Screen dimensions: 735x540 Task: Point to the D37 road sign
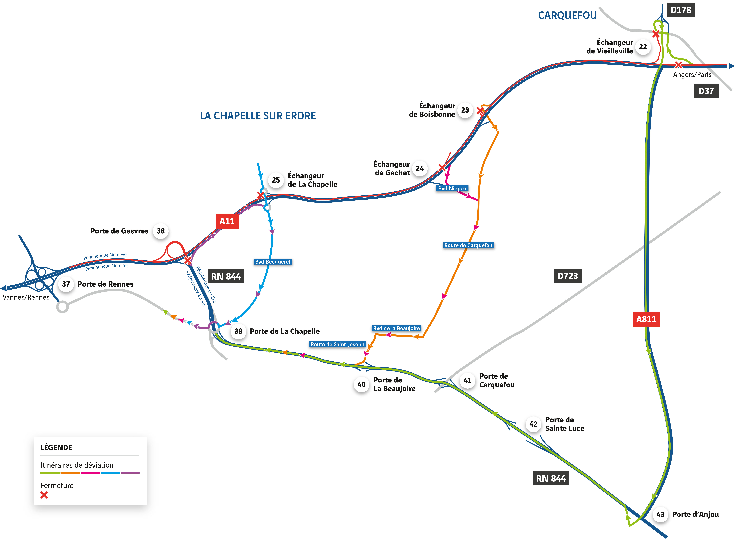pos(706,91)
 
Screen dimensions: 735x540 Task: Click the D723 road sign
pos(567,276)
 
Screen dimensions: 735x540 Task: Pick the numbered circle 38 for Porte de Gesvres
pos(161,231)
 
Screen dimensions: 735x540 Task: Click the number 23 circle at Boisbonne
pos(465,110)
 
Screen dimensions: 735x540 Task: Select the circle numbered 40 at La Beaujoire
pos(361,384)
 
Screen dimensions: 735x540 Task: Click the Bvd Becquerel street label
pos(273,261)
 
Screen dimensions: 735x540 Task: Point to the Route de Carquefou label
pos(468,245)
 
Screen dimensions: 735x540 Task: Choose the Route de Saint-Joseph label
pos(337,344)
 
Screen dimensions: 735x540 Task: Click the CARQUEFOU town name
pos(567,15)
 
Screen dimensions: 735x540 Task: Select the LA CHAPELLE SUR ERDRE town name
pos(258,116)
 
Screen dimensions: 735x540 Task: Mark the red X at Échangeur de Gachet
pos(442,167)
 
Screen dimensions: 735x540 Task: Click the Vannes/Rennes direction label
pos(26,297)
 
